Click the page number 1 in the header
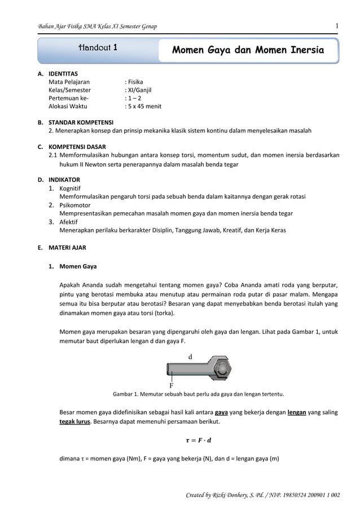coord(336,26)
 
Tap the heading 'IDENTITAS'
coord(63,73)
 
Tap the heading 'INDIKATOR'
coord(64,179)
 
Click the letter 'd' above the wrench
coord(190,357)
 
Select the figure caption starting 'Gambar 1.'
coord(199,394)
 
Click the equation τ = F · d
coord(199,440)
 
